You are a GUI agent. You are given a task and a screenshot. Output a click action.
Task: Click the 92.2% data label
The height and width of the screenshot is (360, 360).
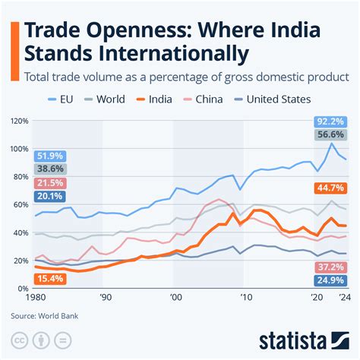pos(330,122)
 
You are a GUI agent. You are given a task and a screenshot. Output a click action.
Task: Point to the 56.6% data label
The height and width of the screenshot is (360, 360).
pos(330,135)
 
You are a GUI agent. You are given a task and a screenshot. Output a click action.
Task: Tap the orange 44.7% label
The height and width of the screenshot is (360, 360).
pos(330,188)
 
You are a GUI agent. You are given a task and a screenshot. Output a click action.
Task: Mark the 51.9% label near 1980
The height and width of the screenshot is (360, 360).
pos(49,156)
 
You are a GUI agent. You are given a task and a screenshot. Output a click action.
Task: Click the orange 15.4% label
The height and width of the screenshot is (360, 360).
pos(49,279)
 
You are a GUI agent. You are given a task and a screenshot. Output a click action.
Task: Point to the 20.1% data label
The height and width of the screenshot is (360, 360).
pos(49,197)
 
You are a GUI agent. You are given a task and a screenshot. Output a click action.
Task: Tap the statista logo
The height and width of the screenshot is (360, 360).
pos(304,339)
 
